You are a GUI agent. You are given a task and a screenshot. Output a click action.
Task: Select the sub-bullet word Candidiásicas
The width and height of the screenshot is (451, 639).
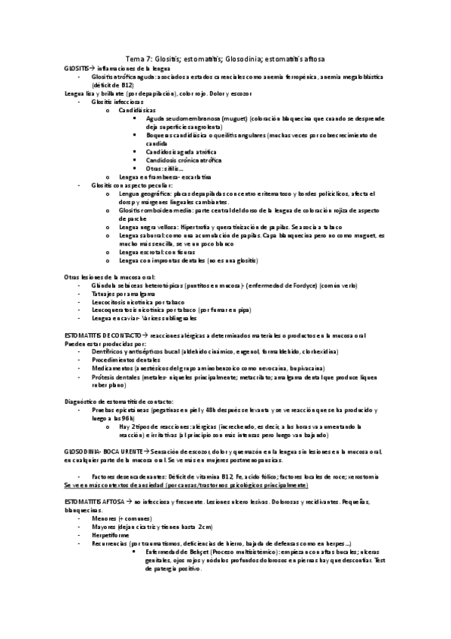pyautogui.click(x=136, y=110)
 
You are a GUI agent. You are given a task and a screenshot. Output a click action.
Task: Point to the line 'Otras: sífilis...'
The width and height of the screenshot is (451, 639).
pyautogui.click(x=164, y=168)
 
